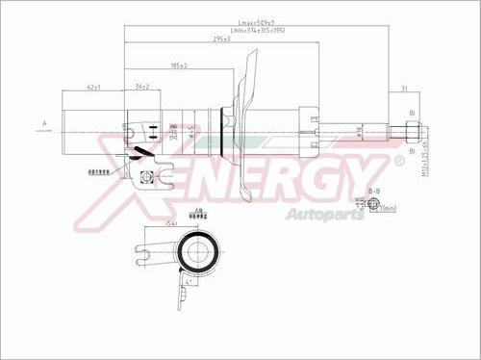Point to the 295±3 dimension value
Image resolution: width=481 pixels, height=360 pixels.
[x=221, y=39]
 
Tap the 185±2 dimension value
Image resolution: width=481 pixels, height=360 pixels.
[x=178, y=66]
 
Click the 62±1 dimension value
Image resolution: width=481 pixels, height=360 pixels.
[x=93, y=88]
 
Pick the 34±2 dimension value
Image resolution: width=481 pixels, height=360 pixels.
[x=141, y=88]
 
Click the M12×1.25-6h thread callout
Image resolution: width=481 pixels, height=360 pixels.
[x=424, y=154]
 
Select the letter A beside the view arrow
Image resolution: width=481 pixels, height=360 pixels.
[x=44, y=123]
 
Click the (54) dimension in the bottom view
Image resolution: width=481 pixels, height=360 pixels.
[x=171, y=223]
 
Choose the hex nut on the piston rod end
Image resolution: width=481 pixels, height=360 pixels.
[x=411, y=130]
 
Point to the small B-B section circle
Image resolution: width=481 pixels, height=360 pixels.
[x=373, y=206]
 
